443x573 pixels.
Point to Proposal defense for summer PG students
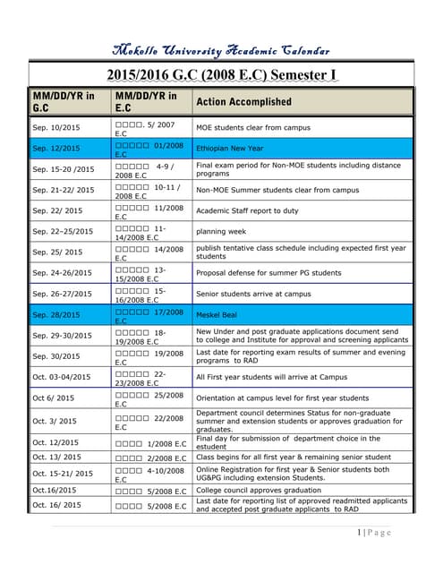point(268,273)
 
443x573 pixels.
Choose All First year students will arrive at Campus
point(271,377)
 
